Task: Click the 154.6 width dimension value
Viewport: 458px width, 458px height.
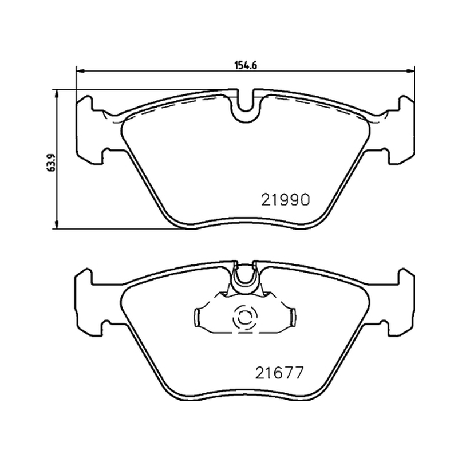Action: point(246,65)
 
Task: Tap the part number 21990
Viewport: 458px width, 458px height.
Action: point(285,200)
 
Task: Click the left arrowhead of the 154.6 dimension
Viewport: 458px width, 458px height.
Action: point(80,70)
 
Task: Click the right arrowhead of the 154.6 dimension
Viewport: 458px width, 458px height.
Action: point(410,70)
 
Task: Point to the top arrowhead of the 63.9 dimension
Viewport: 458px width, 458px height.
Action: point(57,94)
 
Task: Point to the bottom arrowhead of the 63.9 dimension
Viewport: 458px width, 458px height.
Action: point(57,224)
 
